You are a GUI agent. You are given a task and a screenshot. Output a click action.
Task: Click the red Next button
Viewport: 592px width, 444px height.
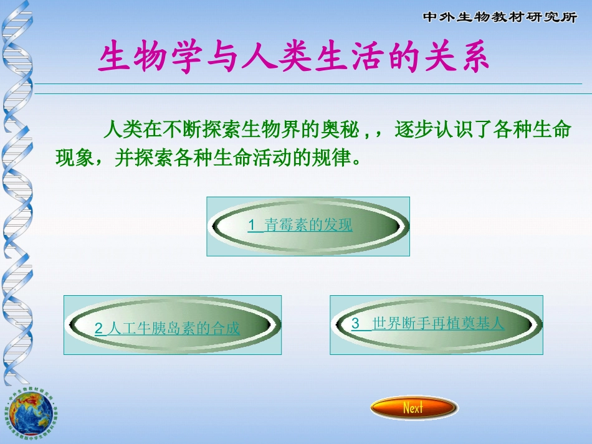click(414, 408)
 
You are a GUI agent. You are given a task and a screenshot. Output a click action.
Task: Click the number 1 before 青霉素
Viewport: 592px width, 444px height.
click(252, 225)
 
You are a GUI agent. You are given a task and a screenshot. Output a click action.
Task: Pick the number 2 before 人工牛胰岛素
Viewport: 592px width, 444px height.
click(98, 329)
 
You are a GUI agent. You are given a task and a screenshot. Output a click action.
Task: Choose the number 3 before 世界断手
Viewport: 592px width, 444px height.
click(355, 323)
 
